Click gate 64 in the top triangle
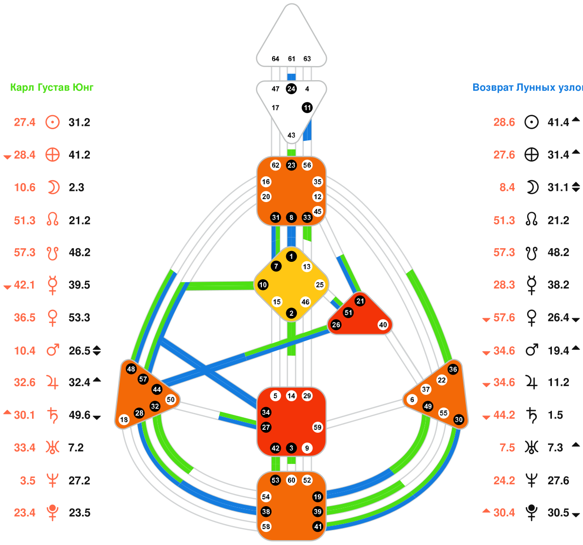(275, 59)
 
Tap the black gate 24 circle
(291, 89)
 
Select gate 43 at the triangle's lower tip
(291, 135)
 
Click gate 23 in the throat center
(291, 165)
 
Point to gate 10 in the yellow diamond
(263, 285)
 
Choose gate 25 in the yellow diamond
(320, 285)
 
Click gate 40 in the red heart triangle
(383, 325)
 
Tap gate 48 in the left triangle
(131, 369)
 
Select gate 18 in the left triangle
(124, 420)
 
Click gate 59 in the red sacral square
(317, 427)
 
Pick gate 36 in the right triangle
(453, 369)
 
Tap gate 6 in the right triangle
(412, 400)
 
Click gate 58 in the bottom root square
(266, 527)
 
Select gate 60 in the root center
(291, 480)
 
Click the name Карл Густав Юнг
(52, 87)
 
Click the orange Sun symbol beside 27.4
(52, 122)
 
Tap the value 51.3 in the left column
(25, 220)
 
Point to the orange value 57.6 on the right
(504, 318)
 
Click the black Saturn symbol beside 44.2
(532, 415)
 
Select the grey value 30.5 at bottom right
(558, 513)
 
